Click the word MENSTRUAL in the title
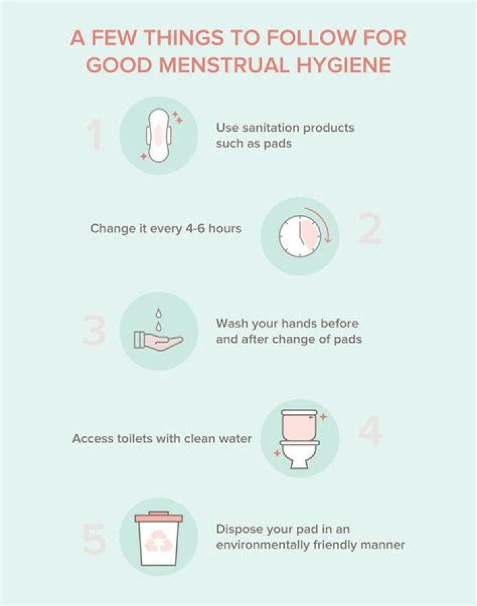(x=224, y=65)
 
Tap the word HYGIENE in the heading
(x=344, y=65)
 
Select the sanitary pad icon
(x=159, y=136)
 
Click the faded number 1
(x=94, y=134)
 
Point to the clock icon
(x=300, y=236)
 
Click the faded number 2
(x=370, y=229)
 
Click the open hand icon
(x=158, y=341)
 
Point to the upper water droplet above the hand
(x=158, y=313)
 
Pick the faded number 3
(x=93, y=331)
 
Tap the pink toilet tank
(x=299, y=425)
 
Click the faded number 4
(x=370, y=431)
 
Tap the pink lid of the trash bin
(x=159, y=517)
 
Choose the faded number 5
(x=94, y=539)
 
